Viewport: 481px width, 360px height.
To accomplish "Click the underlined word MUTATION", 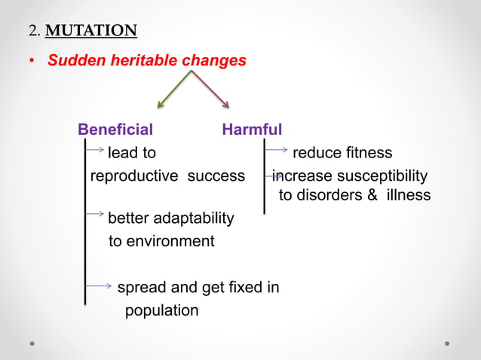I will (x=93, y=31).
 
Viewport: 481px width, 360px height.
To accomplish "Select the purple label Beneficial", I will (x=115, y=130).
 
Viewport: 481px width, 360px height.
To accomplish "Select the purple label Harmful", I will (x=252, y=130).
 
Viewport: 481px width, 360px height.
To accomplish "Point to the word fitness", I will (x=367, y=153).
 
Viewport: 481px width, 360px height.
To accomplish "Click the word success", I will (x=216, y=176).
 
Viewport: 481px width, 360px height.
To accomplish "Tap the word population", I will (x=161, y=310).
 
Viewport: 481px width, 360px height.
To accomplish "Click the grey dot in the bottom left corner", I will (x=32, y=343).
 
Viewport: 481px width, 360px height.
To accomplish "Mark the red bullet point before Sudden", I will (x=31, y=61).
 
